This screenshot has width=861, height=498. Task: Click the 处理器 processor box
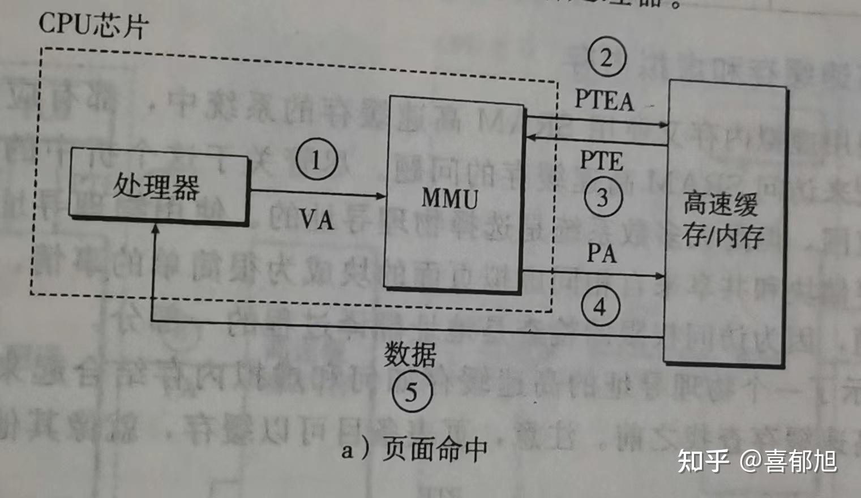[158, 187]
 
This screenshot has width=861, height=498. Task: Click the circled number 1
[316, 161]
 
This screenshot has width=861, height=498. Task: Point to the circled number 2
[606, 58]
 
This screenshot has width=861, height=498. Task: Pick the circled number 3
[602, 198]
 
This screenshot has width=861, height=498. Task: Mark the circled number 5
[411, 392]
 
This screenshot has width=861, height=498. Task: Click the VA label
[317, 219]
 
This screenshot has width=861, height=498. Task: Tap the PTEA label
[604, 100]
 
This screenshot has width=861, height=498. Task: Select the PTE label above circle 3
[601, 161]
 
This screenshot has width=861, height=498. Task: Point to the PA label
[601, 253]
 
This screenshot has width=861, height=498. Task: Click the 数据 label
[410, 355]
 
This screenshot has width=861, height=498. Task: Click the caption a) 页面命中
[414, 450]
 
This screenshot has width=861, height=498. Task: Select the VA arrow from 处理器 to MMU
[317, 194]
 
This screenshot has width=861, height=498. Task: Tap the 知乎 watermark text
[703, 461]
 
